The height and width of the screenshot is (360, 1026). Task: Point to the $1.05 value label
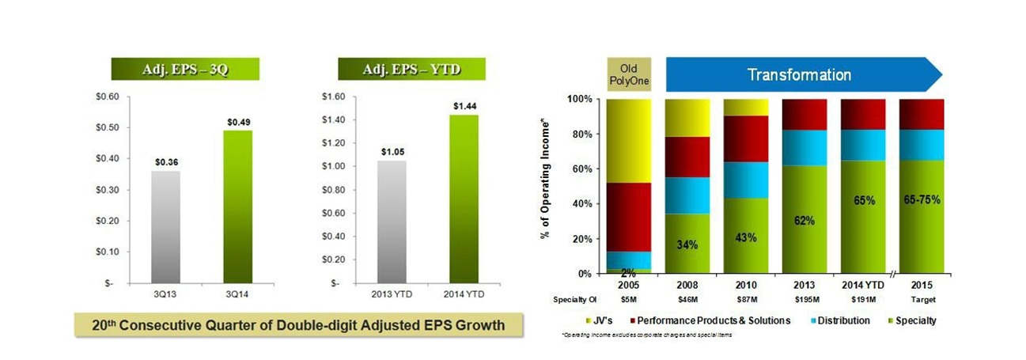pos(392,152)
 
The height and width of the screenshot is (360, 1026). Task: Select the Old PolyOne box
pos(629,74)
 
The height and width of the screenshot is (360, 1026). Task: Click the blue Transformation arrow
pos(799,75)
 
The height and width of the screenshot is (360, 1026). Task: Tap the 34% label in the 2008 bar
pos(687,245)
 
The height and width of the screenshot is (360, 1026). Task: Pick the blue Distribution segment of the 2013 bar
pos(804,148)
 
